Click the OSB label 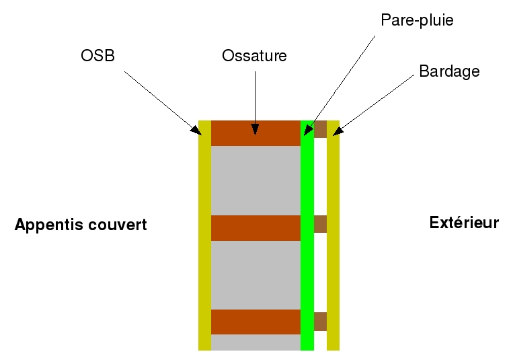point(97,56)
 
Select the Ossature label point(254,56)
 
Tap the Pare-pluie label point(417,20)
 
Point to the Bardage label point(449,71)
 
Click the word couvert point(117,225)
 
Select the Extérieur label point(464,222)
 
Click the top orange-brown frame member point(255,133)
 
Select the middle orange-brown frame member point(255,227)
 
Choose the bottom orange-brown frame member point(255,322)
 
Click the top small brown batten point(320,129)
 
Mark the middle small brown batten point(320,224)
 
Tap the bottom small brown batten point(320,322)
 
